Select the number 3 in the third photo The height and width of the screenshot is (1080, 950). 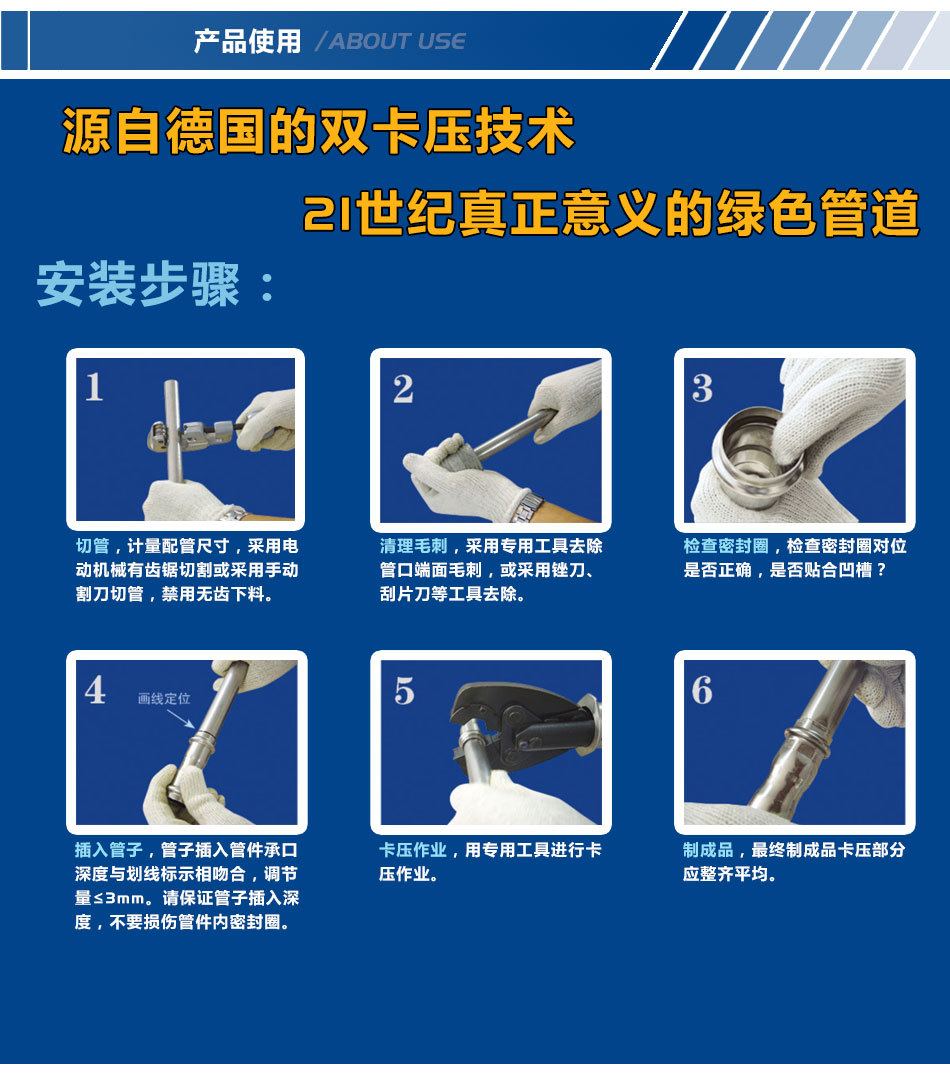702,388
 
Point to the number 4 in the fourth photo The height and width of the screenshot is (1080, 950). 95,689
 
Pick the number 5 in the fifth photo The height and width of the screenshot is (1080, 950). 404,691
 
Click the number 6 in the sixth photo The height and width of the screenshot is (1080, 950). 702,690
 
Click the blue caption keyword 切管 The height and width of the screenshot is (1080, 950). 92,546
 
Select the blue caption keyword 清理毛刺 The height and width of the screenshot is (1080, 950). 413,546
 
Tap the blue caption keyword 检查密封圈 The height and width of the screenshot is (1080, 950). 725,546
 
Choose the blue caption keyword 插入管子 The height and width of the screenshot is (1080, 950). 109,850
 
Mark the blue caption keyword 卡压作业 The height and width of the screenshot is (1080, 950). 413,850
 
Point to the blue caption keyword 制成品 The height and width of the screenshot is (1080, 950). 708,850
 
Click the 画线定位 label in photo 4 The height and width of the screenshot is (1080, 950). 164,698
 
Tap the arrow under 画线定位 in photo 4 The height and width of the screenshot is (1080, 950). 181,718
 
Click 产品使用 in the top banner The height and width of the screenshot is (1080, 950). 247,41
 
